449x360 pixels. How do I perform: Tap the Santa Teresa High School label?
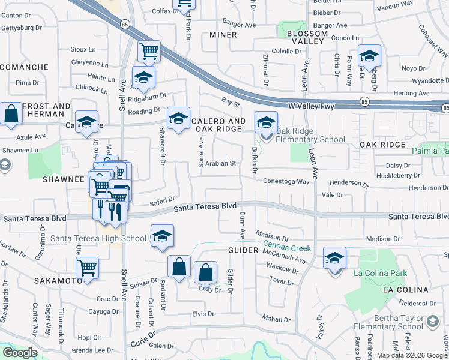99,238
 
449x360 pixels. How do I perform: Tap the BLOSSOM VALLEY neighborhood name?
307,37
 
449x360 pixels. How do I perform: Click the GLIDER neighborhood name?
243,250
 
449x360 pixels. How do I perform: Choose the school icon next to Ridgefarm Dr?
143,78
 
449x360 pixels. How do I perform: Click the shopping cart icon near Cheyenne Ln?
149,51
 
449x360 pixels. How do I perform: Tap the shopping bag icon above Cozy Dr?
205,272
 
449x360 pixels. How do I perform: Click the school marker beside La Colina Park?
335,259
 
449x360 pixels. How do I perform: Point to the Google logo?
20,352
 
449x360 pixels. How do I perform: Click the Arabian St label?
219,163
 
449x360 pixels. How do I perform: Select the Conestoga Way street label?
286,181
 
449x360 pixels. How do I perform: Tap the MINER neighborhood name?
223,35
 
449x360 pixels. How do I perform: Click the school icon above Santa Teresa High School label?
162,237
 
